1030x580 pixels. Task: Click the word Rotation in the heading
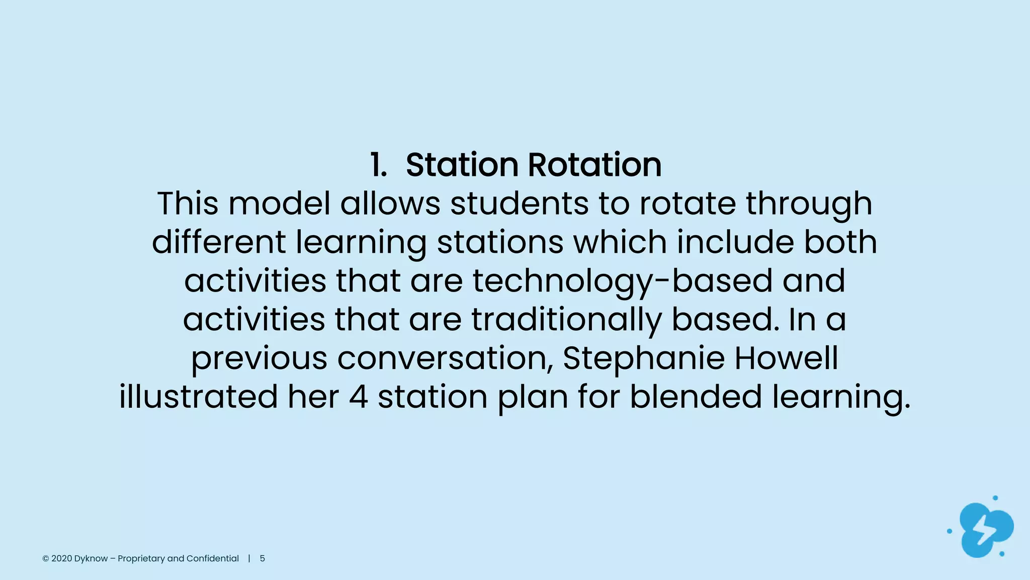coord(594,165)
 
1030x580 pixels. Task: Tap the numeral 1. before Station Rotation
coord(378,165)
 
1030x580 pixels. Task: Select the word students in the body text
coord(519,203)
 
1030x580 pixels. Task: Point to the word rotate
coord(688,203)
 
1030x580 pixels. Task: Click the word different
coord(219,242)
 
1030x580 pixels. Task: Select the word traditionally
coord(566,320)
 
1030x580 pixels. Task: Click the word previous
coord(259,358)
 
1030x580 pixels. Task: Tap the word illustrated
coord(198,397)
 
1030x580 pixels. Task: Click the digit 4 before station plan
coord(358,397)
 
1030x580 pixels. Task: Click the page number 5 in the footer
coord(262,558)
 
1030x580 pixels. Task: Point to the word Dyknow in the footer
coord(91,558)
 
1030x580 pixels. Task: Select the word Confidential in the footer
coord(213,558)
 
